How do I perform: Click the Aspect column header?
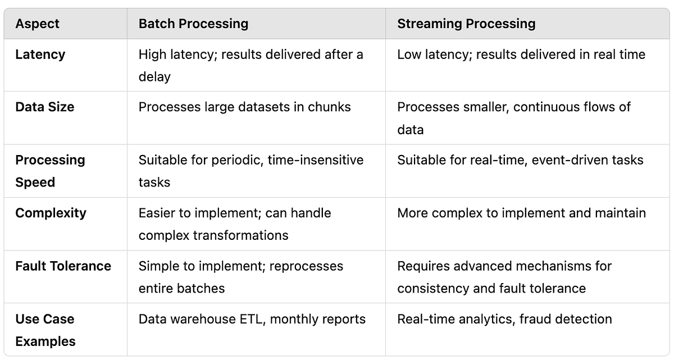click(x=37, y=24)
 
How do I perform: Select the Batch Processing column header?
click(x=193, y=24)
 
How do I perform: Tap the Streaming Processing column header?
click(x=466, y=24)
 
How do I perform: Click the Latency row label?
click(x=40, y=54)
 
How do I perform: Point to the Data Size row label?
click(x=44, y=107)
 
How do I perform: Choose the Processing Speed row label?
click(x=50, y=171)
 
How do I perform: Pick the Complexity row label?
click(x=51, y=213)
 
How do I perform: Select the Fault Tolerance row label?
click(x=63, y=266)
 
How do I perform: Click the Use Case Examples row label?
click(x=45, y=330)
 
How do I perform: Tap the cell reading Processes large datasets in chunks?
click(x=244, y=107)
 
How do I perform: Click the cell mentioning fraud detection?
click(x=504, y=319)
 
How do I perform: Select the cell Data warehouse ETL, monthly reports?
click(x=252, y=319)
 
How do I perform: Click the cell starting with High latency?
click(x=251, y=65)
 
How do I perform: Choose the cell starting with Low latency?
click(x=521, y=54)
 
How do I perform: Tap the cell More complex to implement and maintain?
click(x=521, y=213)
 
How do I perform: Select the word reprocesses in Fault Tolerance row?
click(x=306, y=266)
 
